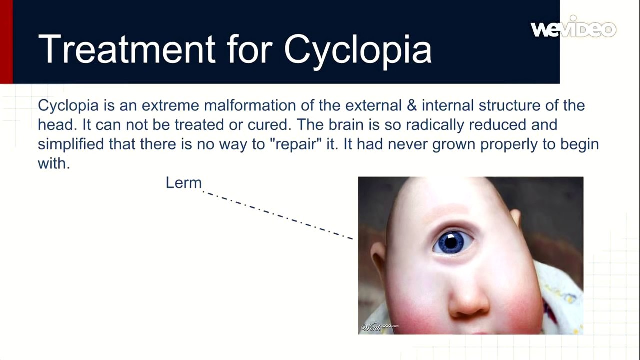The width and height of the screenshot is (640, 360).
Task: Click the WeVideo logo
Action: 573,27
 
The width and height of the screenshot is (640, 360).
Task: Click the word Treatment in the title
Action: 127,49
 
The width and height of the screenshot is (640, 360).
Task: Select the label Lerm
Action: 184,183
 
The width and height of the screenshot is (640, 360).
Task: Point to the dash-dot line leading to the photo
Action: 278,215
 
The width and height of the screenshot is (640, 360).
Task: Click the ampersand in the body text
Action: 411,105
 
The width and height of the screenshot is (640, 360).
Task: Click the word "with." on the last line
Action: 54,163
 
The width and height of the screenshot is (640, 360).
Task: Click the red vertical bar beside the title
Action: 6,41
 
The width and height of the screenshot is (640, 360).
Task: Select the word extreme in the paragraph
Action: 170,106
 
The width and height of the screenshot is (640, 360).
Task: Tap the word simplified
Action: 71,145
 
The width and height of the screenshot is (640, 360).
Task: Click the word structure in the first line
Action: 509,106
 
